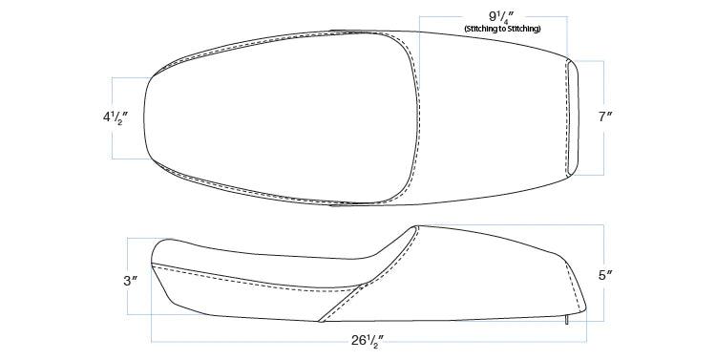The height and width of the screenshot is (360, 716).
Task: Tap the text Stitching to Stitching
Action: pos(502,29)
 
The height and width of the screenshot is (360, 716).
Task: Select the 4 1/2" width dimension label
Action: pos(115,118)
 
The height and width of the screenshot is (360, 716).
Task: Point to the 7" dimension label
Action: pos(605,116)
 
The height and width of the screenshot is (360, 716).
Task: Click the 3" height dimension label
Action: pos(131,281)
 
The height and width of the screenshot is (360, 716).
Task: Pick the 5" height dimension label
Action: pos(605,275)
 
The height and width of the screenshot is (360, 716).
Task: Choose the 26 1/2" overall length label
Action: pos(368,341)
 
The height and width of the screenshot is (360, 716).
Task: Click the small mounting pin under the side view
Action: pos(567,320)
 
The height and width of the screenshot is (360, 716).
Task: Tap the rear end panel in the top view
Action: pos(573,117)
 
